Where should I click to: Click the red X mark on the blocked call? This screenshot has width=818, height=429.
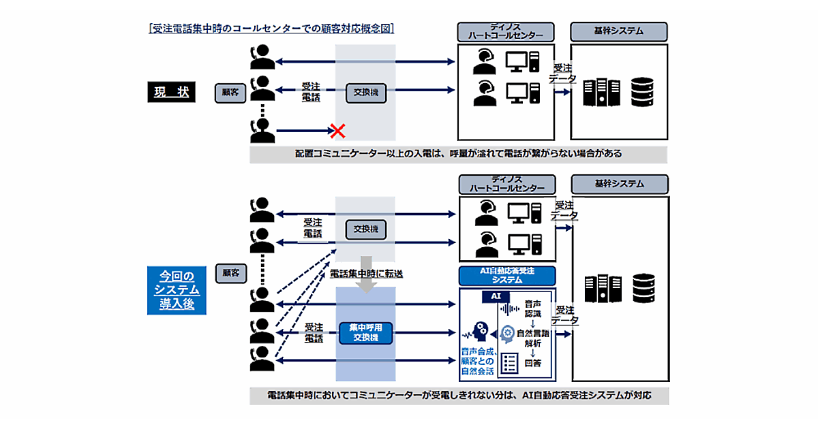coord(335,129)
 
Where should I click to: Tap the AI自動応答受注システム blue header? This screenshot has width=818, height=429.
coord(507,274)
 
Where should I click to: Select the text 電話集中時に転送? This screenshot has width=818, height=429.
coord(367,273)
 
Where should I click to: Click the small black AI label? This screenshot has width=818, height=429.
coord(495,296)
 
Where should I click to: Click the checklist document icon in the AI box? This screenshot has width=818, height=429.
coord(509,364)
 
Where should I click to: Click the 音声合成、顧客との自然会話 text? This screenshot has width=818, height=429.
coord(476,362)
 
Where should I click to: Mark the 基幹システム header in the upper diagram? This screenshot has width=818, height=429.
coord(619,31)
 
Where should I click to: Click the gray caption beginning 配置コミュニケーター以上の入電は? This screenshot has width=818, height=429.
coord(458,154)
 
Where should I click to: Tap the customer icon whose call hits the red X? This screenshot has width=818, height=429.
coord(262,130)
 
